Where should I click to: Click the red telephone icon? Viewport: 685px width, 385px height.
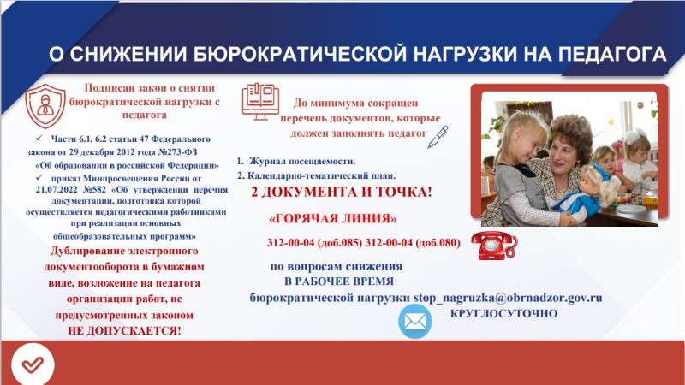(x=494, y=246)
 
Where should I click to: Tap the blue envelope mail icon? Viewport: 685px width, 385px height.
(x=415, y=322)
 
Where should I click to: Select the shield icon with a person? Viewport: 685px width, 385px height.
(x=45, y=106)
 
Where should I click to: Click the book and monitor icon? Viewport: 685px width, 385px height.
(x=261, y=101)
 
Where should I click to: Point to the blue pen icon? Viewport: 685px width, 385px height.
(x=438, y=137)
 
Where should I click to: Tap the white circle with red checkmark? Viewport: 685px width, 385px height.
(x=33, y=364)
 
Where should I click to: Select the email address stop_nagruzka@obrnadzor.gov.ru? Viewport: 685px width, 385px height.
(x=508, y=298)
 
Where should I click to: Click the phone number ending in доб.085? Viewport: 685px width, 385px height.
(x=314, y=243)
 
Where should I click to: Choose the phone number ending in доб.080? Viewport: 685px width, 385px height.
(x=413, y=243)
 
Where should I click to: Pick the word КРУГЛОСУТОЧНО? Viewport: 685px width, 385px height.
(x=503, y=314)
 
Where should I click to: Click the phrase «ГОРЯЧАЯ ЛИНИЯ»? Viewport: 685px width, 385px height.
(x=333, y=218)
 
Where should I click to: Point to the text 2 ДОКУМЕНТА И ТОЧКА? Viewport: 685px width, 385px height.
(x=341, y=192)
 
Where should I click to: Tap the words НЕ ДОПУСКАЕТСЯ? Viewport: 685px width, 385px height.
(x=124, y=331)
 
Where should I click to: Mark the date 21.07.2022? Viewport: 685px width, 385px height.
(x=57, y=190)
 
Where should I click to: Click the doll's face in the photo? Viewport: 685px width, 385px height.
(x=594, y=178)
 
